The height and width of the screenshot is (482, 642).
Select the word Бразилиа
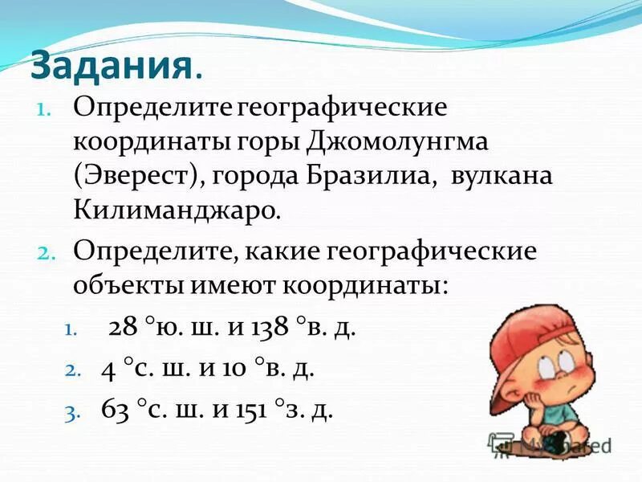tap(372, 176)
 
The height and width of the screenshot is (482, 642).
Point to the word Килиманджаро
tap(176, 210)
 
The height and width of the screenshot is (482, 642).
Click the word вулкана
tap(502, 176)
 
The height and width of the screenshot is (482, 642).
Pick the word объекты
tap(128, 285)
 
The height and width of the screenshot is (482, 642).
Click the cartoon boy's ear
tap(522, 378)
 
